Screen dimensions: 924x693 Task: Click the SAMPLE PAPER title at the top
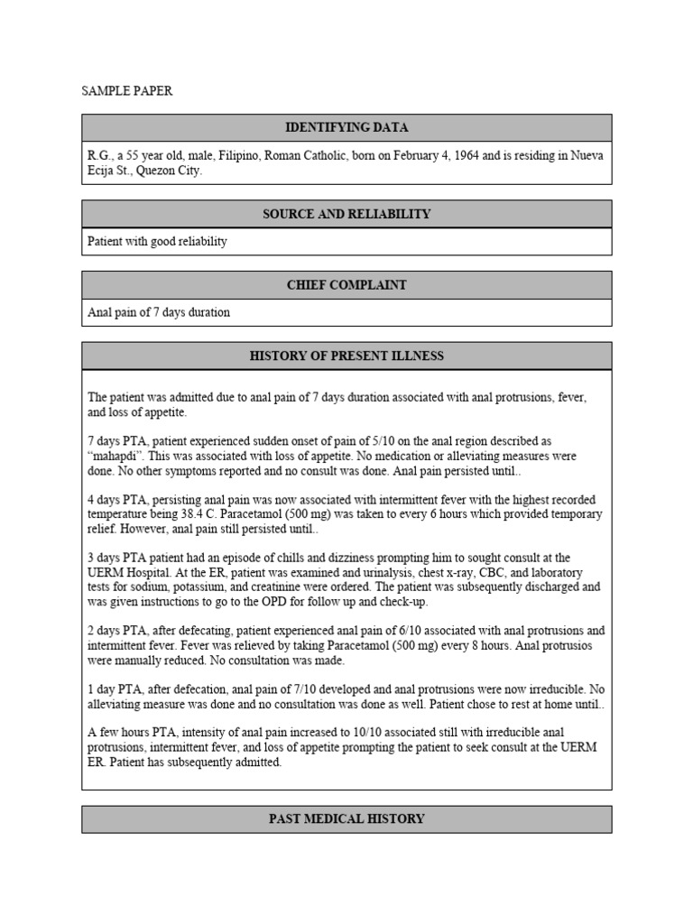(126, 91)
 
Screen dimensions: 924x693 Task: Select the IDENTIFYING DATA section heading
(346, 128)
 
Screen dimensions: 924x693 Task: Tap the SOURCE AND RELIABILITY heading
(346, 214)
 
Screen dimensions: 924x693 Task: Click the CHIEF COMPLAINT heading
(346, 285)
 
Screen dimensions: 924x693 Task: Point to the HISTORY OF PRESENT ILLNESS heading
(346, 356)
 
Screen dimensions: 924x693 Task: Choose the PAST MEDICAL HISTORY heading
(346, 819)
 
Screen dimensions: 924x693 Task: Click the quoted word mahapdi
(117, 457)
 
